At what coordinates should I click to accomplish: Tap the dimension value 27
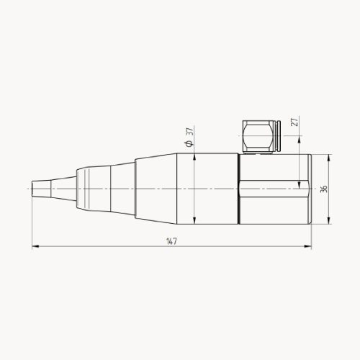[x=294, y=122]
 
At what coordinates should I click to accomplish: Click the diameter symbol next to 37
[x=189, y=145]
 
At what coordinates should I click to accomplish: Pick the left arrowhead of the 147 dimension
[x=35, y=247]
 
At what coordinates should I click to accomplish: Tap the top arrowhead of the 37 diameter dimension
[x=195, y=158]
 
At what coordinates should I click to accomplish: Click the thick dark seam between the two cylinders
[x=238, y=189]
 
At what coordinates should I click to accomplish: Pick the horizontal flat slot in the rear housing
[x=274, y=189]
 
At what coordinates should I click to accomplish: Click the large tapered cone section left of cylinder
[x=155, y=189]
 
